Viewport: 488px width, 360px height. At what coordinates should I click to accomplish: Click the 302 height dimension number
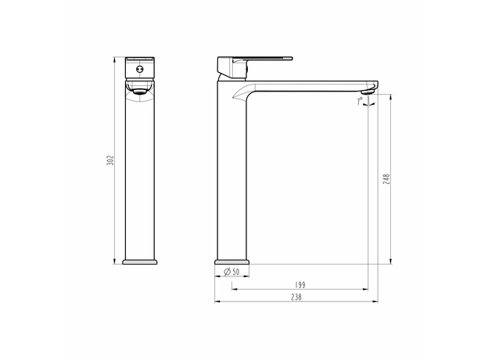coord(111,160)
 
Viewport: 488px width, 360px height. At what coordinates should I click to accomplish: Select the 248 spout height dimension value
coord(386,178)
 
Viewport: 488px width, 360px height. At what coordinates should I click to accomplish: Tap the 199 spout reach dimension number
coord(300,285)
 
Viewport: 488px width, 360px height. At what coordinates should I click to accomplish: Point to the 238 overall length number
coord(296,297)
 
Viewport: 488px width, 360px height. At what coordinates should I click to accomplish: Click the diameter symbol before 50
coord(226,272)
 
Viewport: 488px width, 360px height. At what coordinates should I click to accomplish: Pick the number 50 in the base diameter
coord(235,272)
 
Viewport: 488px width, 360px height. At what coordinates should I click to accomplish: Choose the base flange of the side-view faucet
coord(232,259)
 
